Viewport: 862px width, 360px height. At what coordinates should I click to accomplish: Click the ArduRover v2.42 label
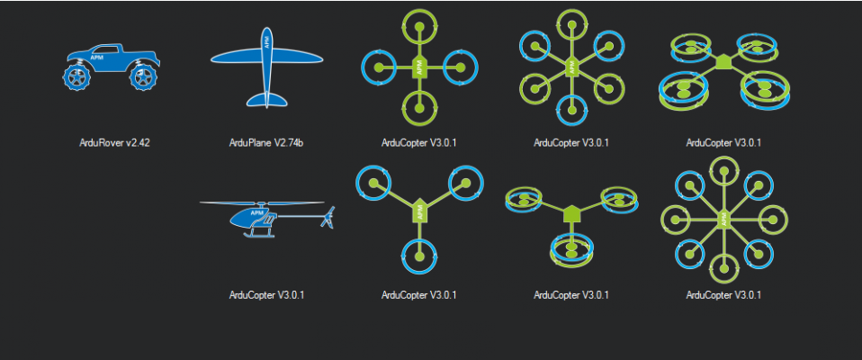[x=113, y=142]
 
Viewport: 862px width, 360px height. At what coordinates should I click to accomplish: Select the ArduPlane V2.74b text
[x=266, y=142]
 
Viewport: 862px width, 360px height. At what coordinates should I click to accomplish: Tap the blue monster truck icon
[x=113, y=68]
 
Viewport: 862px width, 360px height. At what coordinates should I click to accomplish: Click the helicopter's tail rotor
[x=329, y=216]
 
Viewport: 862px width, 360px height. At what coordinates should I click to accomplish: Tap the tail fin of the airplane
[x=266, y=97]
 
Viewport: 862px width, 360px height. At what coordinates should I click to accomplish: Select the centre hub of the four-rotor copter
[x=419, y=67]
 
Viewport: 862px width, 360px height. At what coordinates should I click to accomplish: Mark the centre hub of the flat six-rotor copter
[x=571, y=67]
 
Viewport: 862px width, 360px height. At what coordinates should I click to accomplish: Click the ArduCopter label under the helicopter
[x=266, y=294]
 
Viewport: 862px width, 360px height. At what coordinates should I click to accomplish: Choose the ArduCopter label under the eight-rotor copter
[x=723, y=294]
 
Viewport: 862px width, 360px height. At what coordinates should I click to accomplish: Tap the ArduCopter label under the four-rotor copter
[x=419, y=142]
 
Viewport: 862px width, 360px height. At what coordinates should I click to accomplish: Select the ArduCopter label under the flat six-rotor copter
[x=571, y=142]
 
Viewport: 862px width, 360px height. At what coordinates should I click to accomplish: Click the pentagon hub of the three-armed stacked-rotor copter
[x=570, y=215]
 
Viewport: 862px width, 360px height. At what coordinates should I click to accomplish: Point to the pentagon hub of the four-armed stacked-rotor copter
[x=723, y=61]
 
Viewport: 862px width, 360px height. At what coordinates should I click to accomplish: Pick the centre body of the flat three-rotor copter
[x=419, y=211]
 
